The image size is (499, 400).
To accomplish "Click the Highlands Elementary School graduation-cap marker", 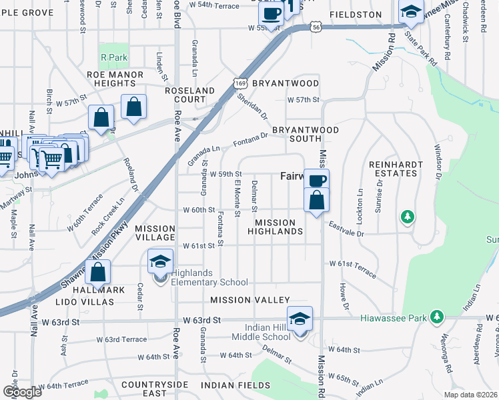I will point(160,262).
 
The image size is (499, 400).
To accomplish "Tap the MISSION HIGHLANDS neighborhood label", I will point(276,227).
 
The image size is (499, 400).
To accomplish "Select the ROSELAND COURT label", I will point(190,95).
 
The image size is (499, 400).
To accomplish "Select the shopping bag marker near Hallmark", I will point(98,273).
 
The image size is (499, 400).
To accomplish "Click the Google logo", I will point(23,392).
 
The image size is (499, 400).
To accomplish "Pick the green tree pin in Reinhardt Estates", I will point(406,217).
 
